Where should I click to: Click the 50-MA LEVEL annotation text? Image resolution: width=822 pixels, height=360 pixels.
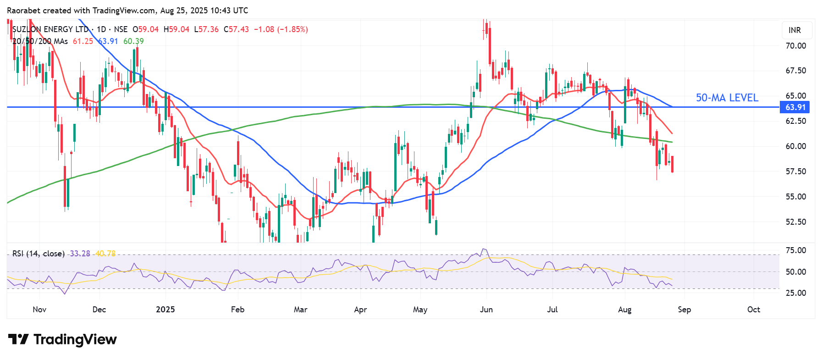[727, 98]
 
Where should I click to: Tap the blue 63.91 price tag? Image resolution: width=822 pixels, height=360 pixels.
[795, 107]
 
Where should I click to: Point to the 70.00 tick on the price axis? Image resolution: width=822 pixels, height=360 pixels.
[795, 46]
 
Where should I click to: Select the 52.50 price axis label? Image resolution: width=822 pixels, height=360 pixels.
[795, 222]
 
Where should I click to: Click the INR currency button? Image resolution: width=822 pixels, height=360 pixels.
[794, 30]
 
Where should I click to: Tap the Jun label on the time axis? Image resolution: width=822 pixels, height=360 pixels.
[486, 310]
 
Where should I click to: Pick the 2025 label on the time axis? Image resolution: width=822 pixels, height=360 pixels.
[165, 310]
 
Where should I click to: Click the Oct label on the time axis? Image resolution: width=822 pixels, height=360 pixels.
[753, 310]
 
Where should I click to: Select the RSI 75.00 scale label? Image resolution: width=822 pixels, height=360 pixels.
[795, 250]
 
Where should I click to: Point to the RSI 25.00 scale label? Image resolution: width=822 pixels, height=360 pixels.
[795, 293]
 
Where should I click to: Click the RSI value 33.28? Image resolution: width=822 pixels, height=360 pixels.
[80, 254]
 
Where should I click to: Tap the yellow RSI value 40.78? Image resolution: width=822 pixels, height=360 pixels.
[105, 254]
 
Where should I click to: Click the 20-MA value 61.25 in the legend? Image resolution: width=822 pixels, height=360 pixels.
[83, 41]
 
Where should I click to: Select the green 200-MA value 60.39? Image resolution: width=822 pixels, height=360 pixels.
[133, 41]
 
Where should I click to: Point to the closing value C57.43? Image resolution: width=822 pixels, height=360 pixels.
[236, 29]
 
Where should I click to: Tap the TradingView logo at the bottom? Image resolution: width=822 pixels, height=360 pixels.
[63, 339]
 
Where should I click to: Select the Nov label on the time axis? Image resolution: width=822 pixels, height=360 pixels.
[39, 310]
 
